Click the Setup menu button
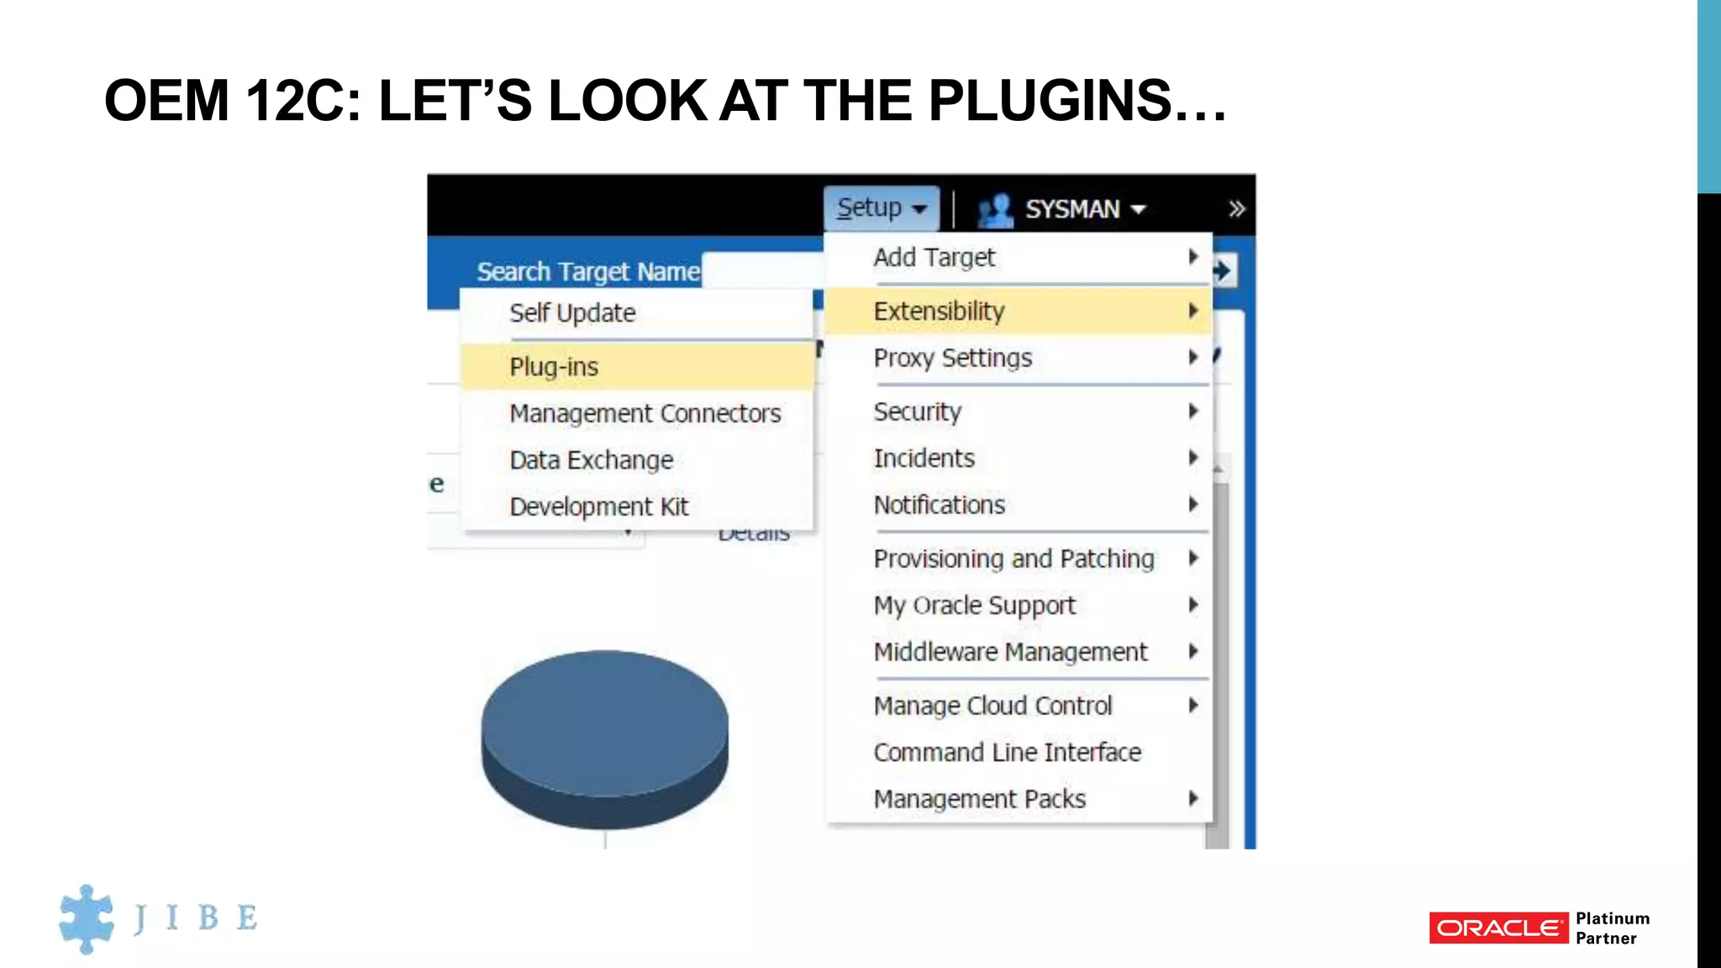881,208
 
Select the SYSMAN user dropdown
1071,209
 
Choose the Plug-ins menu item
554,367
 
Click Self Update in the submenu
572,313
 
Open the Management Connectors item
645,413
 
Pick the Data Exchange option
591,460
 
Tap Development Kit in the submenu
598,507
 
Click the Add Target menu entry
934,258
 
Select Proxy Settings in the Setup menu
952,358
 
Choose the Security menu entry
917,412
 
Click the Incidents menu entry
924,459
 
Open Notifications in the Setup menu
939,505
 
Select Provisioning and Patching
1013,559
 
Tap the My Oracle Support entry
974,606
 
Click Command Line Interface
1007,752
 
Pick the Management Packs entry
979,799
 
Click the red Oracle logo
1498,928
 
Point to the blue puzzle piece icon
86,918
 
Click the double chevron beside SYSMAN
1236,209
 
